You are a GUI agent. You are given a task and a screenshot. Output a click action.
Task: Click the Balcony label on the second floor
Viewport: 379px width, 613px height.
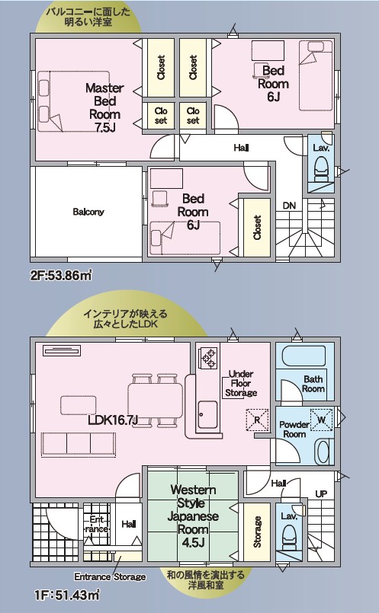pyautogui.click(x=88, y=212)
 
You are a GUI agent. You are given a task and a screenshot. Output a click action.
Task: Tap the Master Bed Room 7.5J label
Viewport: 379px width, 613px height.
pyautogui.click(x=104, y=107)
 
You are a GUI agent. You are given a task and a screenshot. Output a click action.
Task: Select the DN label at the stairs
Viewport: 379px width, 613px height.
pyautogui.click(x=289, y=206)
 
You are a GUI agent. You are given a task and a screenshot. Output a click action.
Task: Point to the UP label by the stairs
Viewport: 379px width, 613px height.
pyautogui.click(x=321, y=493)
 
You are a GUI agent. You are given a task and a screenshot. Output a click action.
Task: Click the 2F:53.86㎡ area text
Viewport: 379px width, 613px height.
pyautogui.click(x=61, y=276)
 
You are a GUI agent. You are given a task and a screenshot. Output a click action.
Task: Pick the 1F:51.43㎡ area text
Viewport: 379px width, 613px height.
pyautogui.click(x=67, y=595)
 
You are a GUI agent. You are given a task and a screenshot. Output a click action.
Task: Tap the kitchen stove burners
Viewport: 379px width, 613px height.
pyautogui.click(x=207, y=358)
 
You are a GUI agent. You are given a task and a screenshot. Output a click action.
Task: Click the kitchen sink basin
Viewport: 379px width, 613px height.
pyautogui.click(x=207, y=415)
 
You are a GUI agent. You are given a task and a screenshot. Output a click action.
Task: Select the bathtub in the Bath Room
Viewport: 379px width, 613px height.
pyautogui.click(x=304, y=356)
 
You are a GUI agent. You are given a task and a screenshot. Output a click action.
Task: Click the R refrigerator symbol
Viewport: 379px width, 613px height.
pyautogui.click(x=257, y=420)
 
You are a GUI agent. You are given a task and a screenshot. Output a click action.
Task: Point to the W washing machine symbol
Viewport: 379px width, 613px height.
pyautogui.click(x=322, y=420)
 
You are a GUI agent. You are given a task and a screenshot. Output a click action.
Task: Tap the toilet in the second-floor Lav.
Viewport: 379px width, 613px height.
pyautogui.click(x=320, y=170)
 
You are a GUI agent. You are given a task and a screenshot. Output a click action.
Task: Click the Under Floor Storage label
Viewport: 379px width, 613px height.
pyautogui.click(x=241, y=384)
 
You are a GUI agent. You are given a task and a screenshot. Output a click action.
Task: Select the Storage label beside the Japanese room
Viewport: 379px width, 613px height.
pyautogui.click(x=257, y=532)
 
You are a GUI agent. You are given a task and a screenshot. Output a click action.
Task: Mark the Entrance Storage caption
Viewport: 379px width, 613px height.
pyautogui.click(x=110, y=576)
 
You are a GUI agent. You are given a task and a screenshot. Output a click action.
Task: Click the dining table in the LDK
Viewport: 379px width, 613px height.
pyautogui.click(x=156, y=401)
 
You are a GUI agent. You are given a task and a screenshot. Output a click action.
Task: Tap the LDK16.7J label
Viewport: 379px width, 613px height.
pyautogui.click(x=113, y=420)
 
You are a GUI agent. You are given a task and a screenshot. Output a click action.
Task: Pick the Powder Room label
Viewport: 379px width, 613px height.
pyautogui.click(x=294, y=429)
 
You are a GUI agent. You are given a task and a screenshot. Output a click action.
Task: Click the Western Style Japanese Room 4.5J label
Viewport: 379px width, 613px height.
pyautogui.click(x=193, y=516)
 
